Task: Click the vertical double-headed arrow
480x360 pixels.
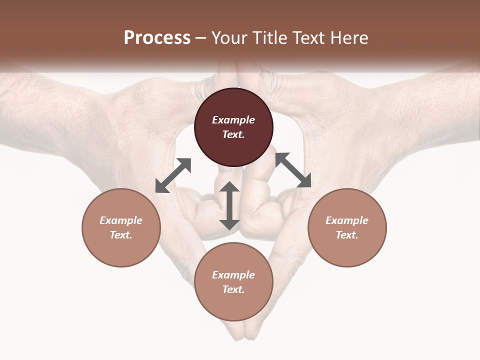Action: pos(229,206)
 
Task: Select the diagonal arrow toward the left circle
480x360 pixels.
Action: pos(173,175)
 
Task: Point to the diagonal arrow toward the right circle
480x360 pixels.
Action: pos(293,170)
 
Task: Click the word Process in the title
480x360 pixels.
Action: pos(157,37)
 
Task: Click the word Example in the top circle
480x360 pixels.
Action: pos(233,120)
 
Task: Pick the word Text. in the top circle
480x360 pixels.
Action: pos(233,134)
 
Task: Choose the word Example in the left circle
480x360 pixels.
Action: pos(121,220)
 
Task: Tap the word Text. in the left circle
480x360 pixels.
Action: pos(121,235)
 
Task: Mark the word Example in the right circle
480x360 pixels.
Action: pos(347,220)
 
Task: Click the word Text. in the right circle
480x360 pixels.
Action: pos(347,235)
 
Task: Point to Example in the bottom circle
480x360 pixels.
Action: pos(233,275)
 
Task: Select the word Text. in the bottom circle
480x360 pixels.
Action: pos(233,289)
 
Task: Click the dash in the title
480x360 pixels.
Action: pos(201,38)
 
